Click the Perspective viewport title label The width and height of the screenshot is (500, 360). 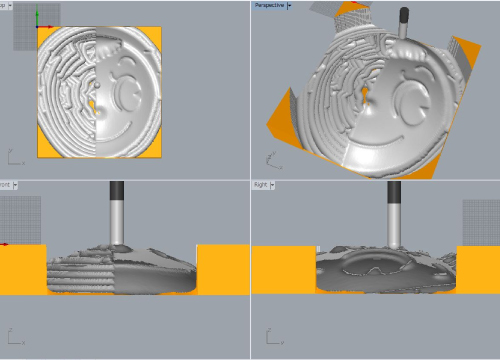coord(268,5)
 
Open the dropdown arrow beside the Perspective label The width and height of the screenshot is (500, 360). coord(290,5)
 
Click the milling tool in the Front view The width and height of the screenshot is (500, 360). coord(117,215)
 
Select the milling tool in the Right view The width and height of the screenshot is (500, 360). coord(394,215)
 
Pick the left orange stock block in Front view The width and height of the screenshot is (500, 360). coord(22,270)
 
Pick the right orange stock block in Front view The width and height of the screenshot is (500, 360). coord(222,270)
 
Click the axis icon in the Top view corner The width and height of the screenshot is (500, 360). coord(13,157)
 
